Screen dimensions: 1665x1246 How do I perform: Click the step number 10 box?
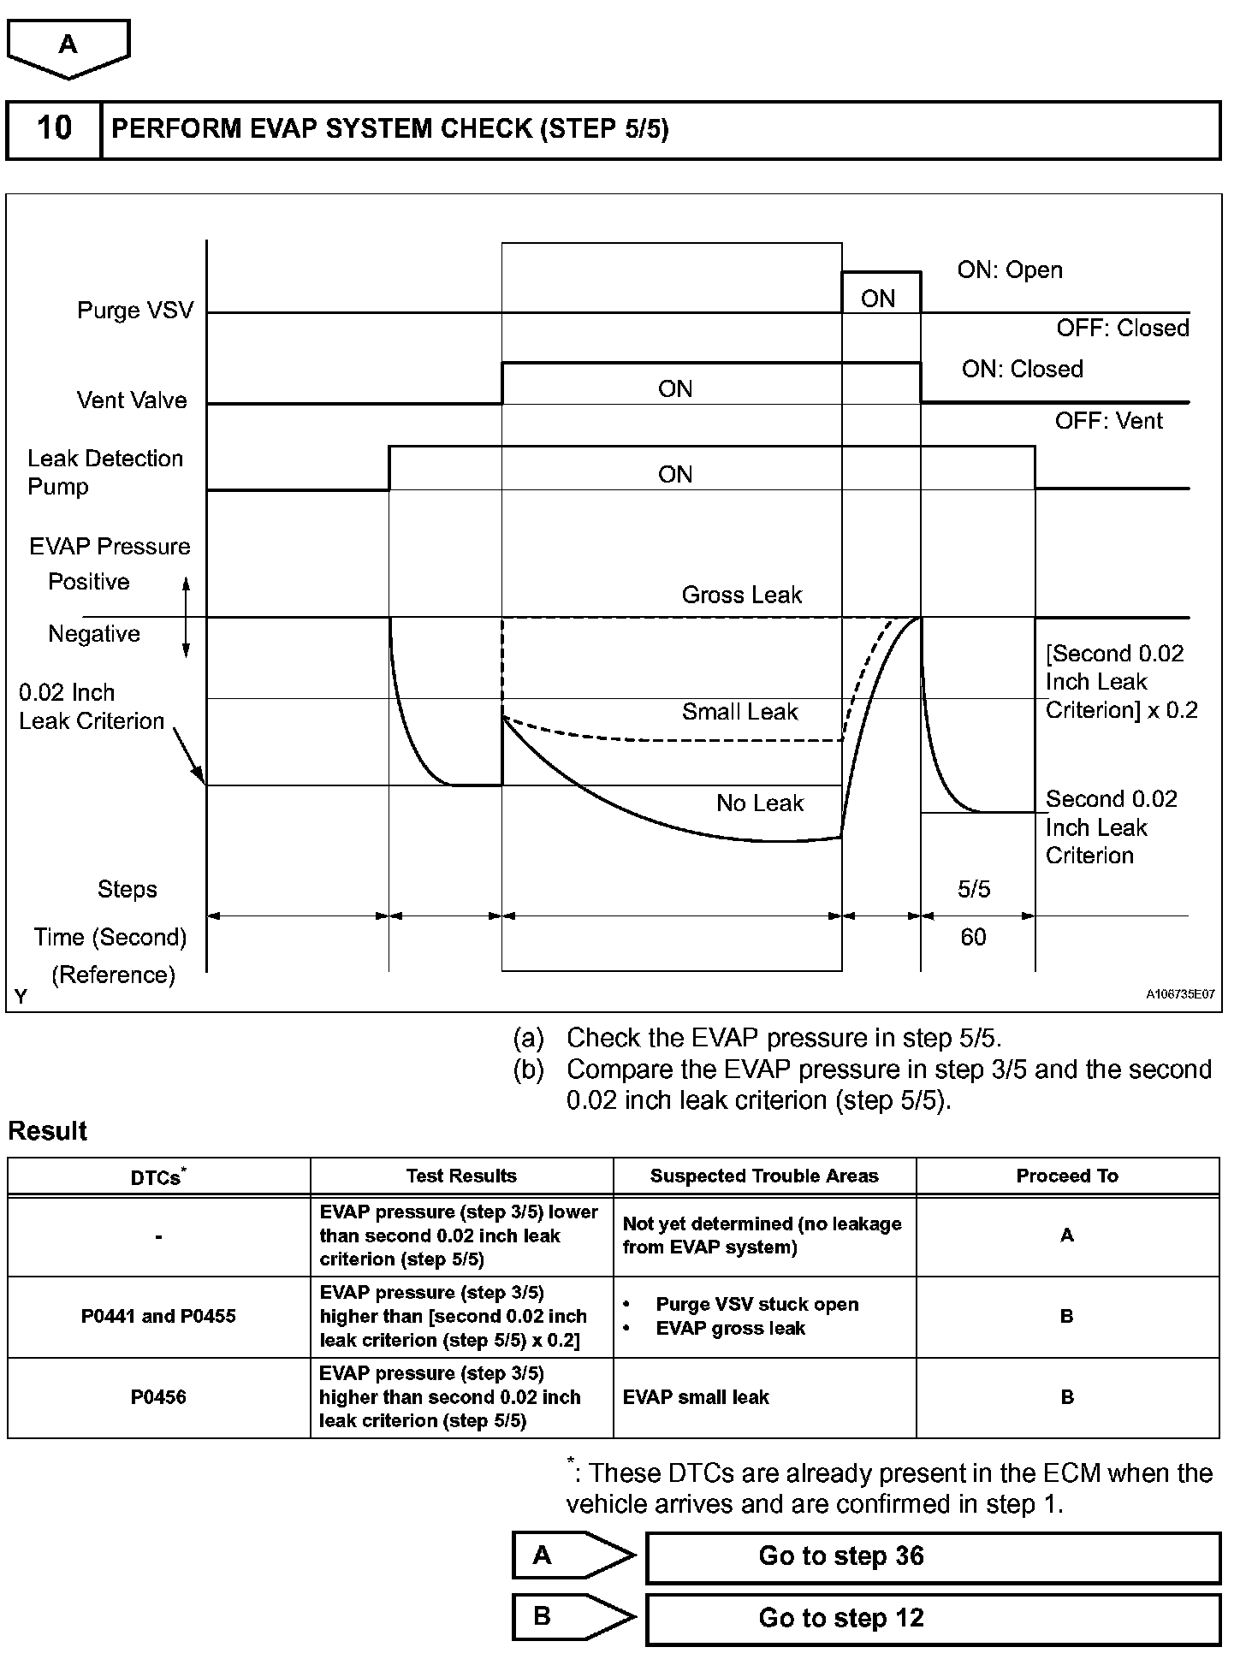tap(54, 129)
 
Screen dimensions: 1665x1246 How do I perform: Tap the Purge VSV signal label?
tap(135, 310)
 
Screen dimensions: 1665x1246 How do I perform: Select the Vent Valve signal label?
tap(132, 400)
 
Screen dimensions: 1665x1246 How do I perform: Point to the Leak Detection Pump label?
tap(104, 472)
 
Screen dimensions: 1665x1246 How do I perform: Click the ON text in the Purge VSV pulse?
tap(878, 299)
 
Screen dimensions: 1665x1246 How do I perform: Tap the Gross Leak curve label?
tap(741, 595)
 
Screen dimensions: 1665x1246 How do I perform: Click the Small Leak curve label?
tap(739, 711)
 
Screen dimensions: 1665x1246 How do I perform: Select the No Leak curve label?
tap(760, 803)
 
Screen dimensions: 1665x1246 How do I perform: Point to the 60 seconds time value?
tap(973, 937)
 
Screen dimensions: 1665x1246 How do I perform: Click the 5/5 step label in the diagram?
tap(974, 889)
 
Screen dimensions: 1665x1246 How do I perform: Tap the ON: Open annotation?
tap(1010, 270)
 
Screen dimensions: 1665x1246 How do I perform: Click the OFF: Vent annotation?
tap(1108, 420)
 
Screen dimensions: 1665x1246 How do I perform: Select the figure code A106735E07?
tap(1180, 994)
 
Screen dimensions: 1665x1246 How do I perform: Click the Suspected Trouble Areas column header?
tap(764, 1176)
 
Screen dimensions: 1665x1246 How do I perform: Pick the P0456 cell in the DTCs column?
tap(158, 1397)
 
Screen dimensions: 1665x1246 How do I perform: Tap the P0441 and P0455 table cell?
tap(158, 1316)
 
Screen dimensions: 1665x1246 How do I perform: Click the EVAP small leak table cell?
tap(696, 1397)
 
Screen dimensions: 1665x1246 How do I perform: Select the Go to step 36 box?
tap(932, 1556)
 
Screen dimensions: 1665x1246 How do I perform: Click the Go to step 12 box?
tap(932, 1618)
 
